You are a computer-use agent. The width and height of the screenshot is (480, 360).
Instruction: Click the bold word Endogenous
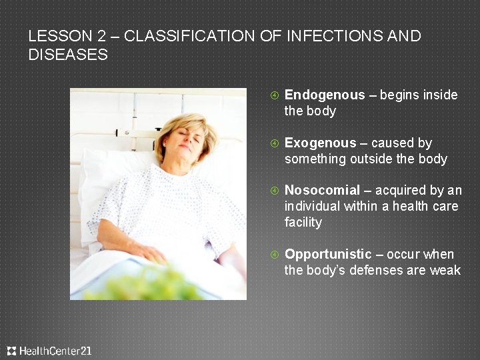point(325,95)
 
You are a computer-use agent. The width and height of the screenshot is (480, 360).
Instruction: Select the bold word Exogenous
point(321,143)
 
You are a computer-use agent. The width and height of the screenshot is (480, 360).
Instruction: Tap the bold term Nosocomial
point(322,191)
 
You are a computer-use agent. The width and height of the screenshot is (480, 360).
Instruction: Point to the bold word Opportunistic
point(328,254)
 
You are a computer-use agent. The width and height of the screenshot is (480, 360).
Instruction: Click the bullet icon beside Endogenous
point(273,95)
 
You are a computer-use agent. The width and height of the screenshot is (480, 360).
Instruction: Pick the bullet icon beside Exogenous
point(273,143)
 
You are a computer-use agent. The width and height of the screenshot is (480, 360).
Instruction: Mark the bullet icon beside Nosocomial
point(273,191)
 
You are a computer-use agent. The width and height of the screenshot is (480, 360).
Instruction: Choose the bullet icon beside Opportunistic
point(273,254)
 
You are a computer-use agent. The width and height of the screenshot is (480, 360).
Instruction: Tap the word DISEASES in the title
point(68,55)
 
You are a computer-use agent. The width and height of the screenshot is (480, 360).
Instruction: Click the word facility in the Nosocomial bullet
point(303,223)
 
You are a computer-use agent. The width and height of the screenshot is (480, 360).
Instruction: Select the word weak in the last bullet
point(445,270)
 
